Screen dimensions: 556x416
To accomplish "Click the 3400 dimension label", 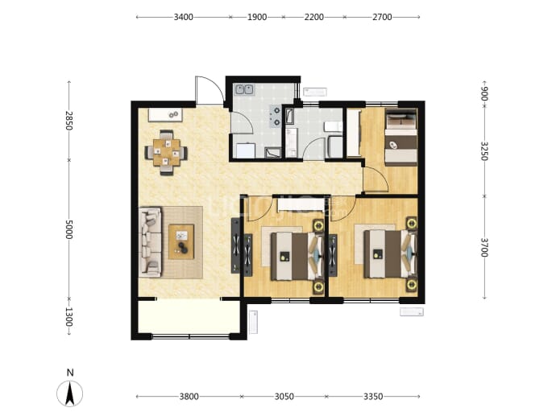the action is [x=184, y=17].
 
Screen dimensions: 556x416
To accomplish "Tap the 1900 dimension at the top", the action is [x=257, y=17].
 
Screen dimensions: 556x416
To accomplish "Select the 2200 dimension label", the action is [x=313, y=17].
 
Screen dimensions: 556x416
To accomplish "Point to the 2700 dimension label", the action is [x=382, y=17].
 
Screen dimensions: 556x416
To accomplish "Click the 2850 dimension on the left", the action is [x=69, y=121].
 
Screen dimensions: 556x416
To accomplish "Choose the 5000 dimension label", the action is [x=69, y=229].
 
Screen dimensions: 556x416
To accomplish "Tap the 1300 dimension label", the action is [x=69, y=317].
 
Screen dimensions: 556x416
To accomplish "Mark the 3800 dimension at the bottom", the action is [x=189, y=397].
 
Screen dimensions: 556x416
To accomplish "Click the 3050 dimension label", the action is [x=284, y=397].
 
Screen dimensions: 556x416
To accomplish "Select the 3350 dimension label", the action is [x=373, y=397].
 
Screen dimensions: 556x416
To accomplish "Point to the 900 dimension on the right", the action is [x=484, y=93].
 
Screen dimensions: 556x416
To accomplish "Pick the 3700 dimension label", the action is [x=484, y=247].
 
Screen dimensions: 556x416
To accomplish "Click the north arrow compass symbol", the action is [x=70, y=393].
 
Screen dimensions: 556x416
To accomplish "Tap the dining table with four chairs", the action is [x=166, y=153].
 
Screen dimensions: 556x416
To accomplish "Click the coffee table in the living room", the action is [x=181, y=242].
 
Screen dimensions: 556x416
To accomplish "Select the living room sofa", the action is [x=151, y=242].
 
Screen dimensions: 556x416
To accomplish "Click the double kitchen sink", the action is [x=244, y=89].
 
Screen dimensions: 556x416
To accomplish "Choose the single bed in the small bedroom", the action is [x=401, y=137].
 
